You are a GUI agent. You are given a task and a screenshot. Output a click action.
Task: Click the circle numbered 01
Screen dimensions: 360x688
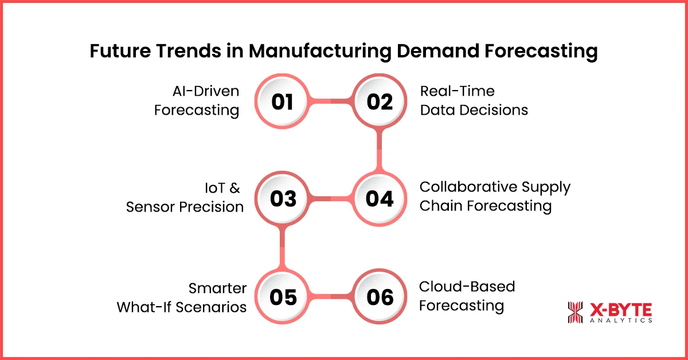(282, 102)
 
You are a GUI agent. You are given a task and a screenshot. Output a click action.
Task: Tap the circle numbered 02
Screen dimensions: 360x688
(379, 102)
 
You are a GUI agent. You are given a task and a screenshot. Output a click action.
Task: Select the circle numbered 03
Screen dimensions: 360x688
(282, 199)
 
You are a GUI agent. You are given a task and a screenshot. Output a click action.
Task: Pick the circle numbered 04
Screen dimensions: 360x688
(379, 199)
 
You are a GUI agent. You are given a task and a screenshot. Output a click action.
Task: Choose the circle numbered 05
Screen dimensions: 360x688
(282, 297)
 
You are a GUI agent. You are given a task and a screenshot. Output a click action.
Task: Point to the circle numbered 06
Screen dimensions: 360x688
(379, 297)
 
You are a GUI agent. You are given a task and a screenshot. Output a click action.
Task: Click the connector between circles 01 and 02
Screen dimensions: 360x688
(331, 102)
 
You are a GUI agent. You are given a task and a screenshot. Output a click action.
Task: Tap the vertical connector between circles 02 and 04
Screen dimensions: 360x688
(379, 150)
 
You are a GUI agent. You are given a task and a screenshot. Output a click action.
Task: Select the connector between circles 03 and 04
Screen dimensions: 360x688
(331, 199)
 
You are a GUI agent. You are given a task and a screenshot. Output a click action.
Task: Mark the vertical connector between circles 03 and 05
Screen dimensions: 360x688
(282, 248)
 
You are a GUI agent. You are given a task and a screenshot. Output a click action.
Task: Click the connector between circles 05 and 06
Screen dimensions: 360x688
(331, 297)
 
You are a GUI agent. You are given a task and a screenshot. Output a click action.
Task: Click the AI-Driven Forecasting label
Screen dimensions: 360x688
(197, 100)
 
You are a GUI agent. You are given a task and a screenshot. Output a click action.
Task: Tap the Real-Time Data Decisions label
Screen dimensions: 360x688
(474, 100)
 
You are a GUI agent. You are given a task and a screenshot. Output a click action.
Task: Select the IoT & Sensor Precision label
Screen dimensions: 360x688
(185, 198)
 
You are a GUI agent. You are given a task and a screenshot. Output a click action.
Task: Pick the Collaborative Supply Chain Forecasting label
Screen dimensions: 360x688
(495, 197)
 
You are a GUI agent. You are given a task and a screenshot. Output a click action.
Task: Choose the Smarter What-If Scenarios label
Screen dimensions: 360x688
(182, 297)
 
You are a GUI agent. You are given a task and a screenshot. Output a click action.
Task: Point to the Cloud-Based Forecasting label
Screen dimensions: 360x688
(467, 296)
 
